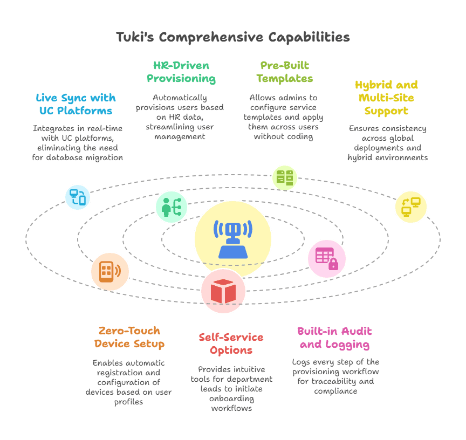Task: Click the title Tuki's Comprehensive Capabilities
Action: pyautogui.click(x=232, y=37)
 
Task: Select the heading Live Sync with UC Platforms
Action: pyautogui.click(x=76, y=104)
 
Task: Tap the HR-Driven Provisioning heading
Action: pyautogui.click(x=181, y=72)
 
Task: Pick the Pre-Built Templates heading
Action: pyautogui.click(x=285, y=72)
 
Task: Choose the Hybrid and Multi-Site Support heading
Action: pyautogui.click(x=386, y=98)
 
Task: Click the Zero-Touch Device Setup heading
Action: pyautogui.click(x=129, y=337)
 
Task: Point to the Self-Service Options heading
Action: pyautogui.click(x=231, y=343)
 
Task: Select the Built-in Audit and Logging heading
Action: pyautogui.click(x=334, y=338)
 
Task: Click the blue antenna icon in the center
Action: pyautogui.click(x=233, y=239)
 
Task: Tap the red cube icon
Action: pyautogui.click(x=223, y=291)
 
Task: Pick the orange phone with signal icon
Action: pyautogui.click(x=110, y=272)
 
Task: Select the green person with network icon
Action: pyautogui.click(x=172, y=207)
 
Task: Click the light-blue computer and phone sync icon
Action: pyautogui.click(x=78, y=197)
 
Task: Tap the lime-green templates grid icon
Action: pyautogui.click(x=285, y=177)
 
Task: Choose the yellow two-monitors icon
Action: pyautogui.click(x=411, y=207)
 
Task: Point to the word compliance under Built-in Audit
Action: pyautogui.click(x=335, y=391)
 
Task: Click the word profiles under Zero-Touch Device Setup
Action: pyautogui.click(x=129, y=402)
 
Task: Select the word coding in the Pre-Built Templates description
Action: pyautogui.click(x=300, y=136)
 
